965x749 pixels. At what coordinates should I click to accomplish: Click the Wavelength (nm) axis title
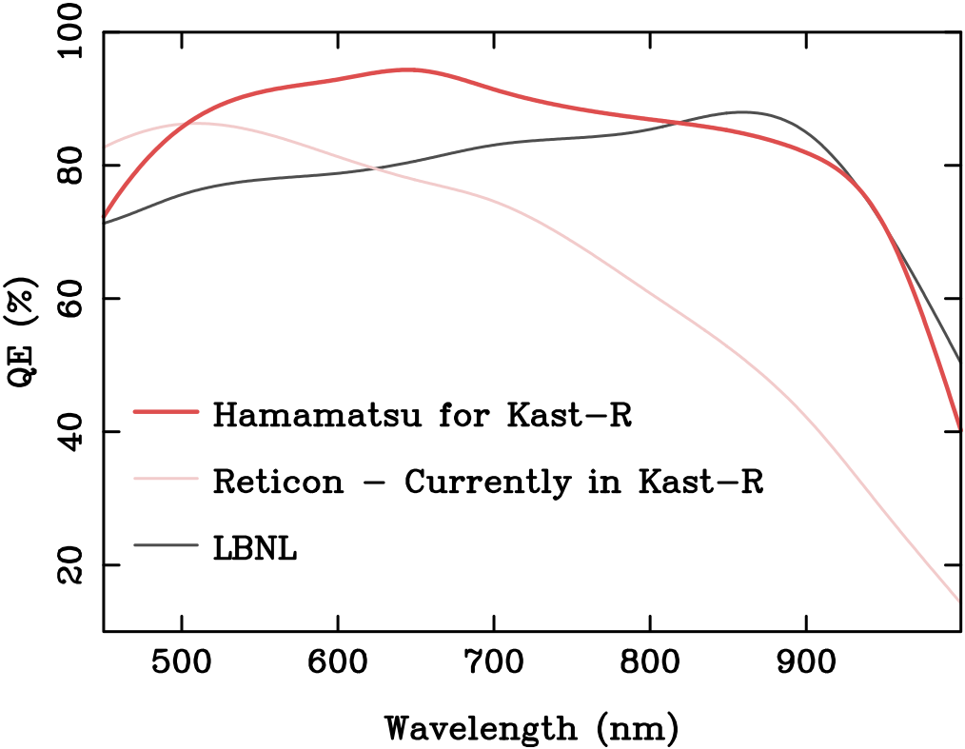[531, 728]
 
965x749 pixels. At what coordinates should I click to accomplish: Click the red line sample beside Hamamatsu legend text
[166, 412]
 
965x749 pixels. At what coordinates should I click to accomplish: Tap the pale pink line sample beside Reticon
[166, 478]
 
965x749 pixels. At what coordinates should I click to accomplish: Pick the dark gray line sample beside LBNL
[166, 544]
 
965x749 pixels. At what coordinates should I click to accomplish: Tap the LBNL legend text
[255, 548]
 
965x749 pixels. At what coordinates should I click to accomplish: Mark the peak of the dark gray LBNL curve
[742, 112]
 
